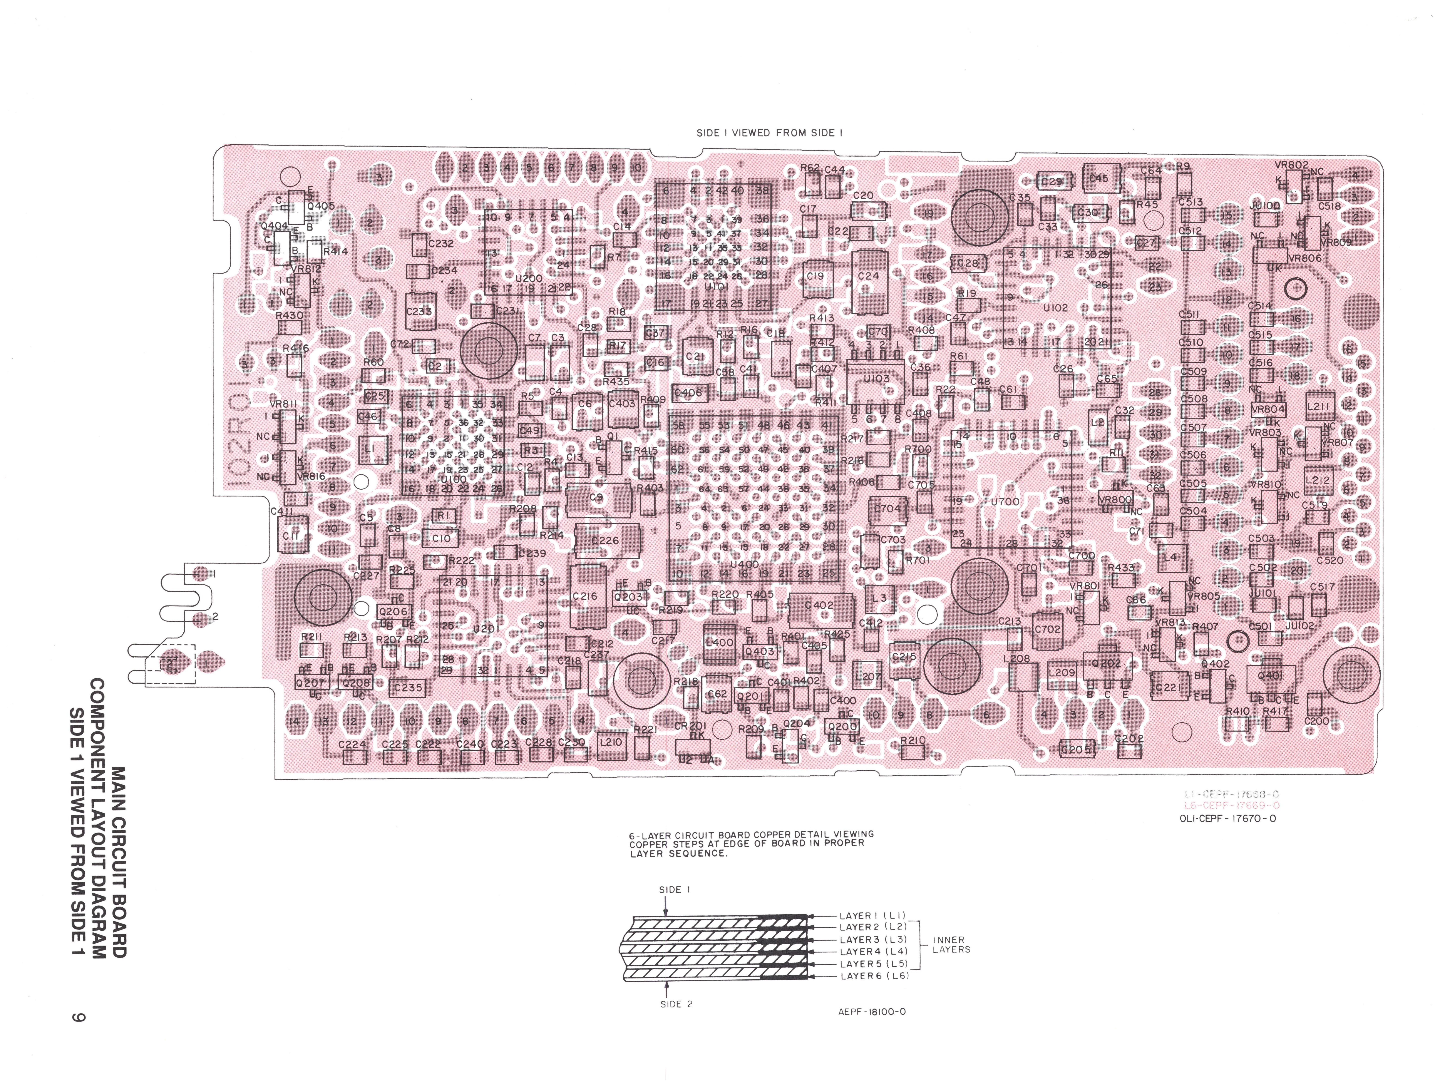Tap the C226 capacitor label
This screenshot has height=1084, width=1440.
(x=605, y=540)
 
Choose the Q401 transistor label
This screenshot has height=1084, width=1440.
(x=1270, y=676)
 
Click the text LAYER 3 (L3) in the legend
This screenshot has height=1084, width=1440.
(x=872, y=939)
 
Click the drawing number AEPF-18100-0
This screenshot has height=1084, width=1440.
(x=872, y=1012)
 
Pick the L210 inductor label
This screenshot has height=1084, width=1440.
(x=611, y=741)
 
